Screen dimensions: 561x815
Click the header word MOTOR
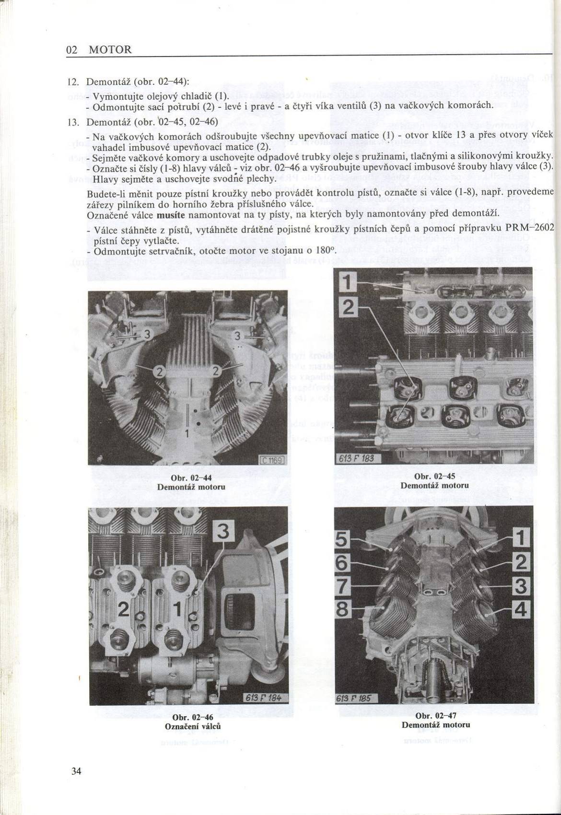tap(110, 49)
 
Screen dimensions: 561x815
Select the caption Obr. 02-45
tap(435, 476)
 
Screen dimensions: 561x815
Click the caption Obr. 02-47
tap(436, 716)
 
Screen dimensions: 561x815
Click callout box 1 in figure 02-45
tap(348, 283)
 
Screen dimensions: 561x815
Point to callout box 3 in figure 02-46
tap(223, 532)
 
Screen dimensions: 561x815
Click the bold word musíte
tap(171, 215)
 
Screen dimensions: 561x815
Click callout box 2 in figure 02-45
tap(348, 308)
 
